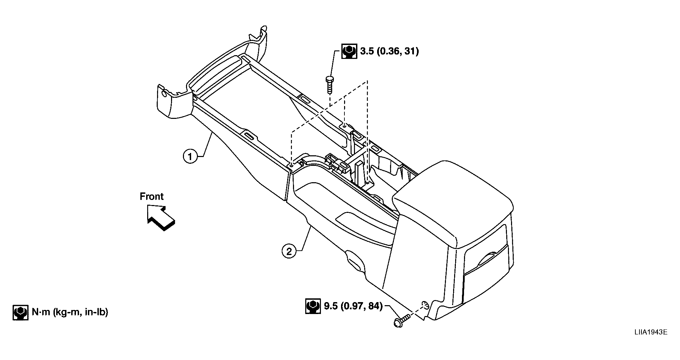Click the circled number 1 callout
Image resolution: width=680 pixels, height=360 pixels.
190,157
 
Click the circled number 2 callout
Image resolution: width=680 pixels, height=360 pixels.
289,251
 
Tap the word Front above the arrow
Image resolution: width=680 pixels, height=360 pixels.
152,197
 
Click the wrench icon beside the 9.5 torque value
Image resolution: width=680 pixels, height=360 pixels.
313,306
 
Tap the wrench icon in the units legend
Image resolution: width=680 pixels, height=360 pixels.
20,312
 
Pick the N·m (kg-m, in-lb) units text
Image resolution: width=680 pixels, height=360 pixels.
70,312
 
